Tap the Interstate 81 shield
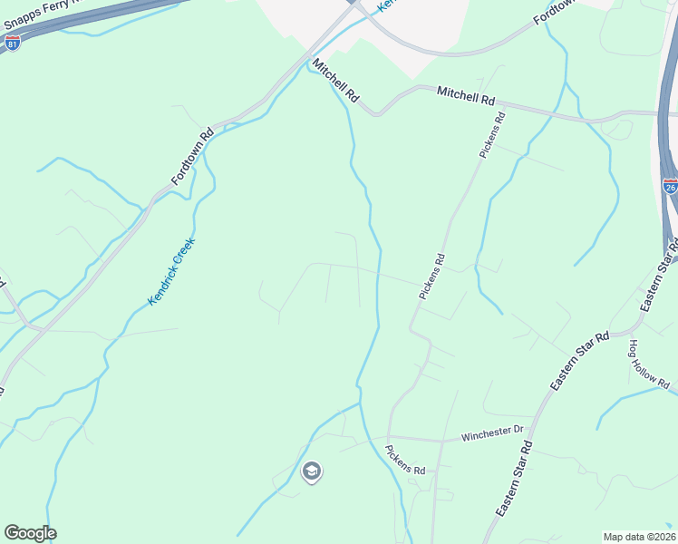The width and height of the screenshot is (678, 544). [13, 43]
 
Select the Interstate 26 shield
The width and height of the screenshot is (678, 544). [670, 186]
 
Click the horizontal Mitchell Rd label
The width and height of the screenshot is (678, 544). [466, 94]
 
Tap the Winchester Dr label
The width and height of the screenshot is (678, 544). [493, 433]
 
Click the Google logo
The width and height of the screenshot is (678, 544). [30, 533]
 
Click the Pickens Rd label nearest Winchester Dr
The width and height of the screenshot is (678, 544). [405, 460]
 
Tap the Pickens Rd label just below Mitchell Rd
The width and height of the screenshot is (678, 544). [490, 135]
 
